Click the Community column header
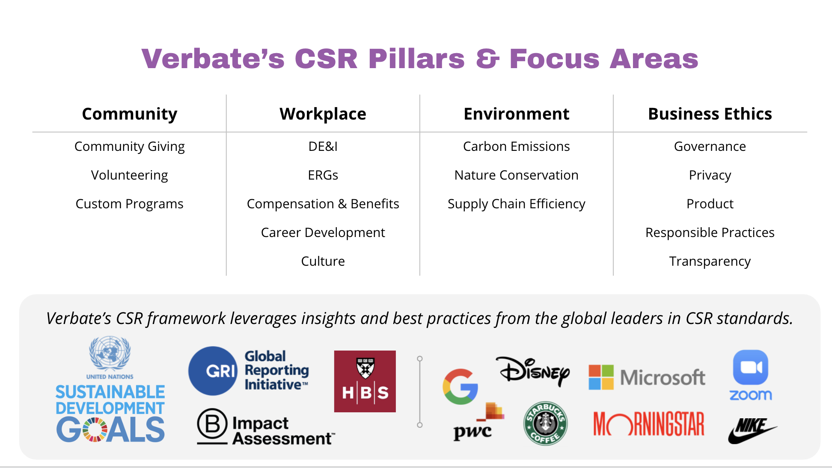click(130, 114)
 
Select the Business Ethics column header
click(710, 114)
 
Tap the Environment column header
click(517, 114)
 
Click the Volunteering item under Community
click(130, 175)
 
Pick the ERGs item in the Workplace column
click(323, 175)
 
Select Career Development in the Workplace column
click(323, 233)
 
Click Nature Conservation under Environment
click(517, 175)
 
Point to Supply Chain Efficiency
click(517, 204)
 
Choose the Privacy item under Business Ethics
click(710, 175)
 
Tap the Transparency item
click(710, 261)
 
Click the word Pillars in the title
click(416, 59)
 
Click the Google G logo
click(461, 387)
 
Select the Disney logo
click(533, 371)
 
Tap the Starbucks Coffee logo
click(546, 423)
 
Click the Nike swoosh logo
click(752, 431)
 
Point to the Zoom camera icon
click(751, 368)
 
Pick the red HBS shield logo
click(365, 381)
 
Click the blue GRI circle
click(213, 371)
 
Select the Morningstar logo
click(649, 424)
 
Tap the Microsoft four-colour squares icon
click(601, 378)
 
